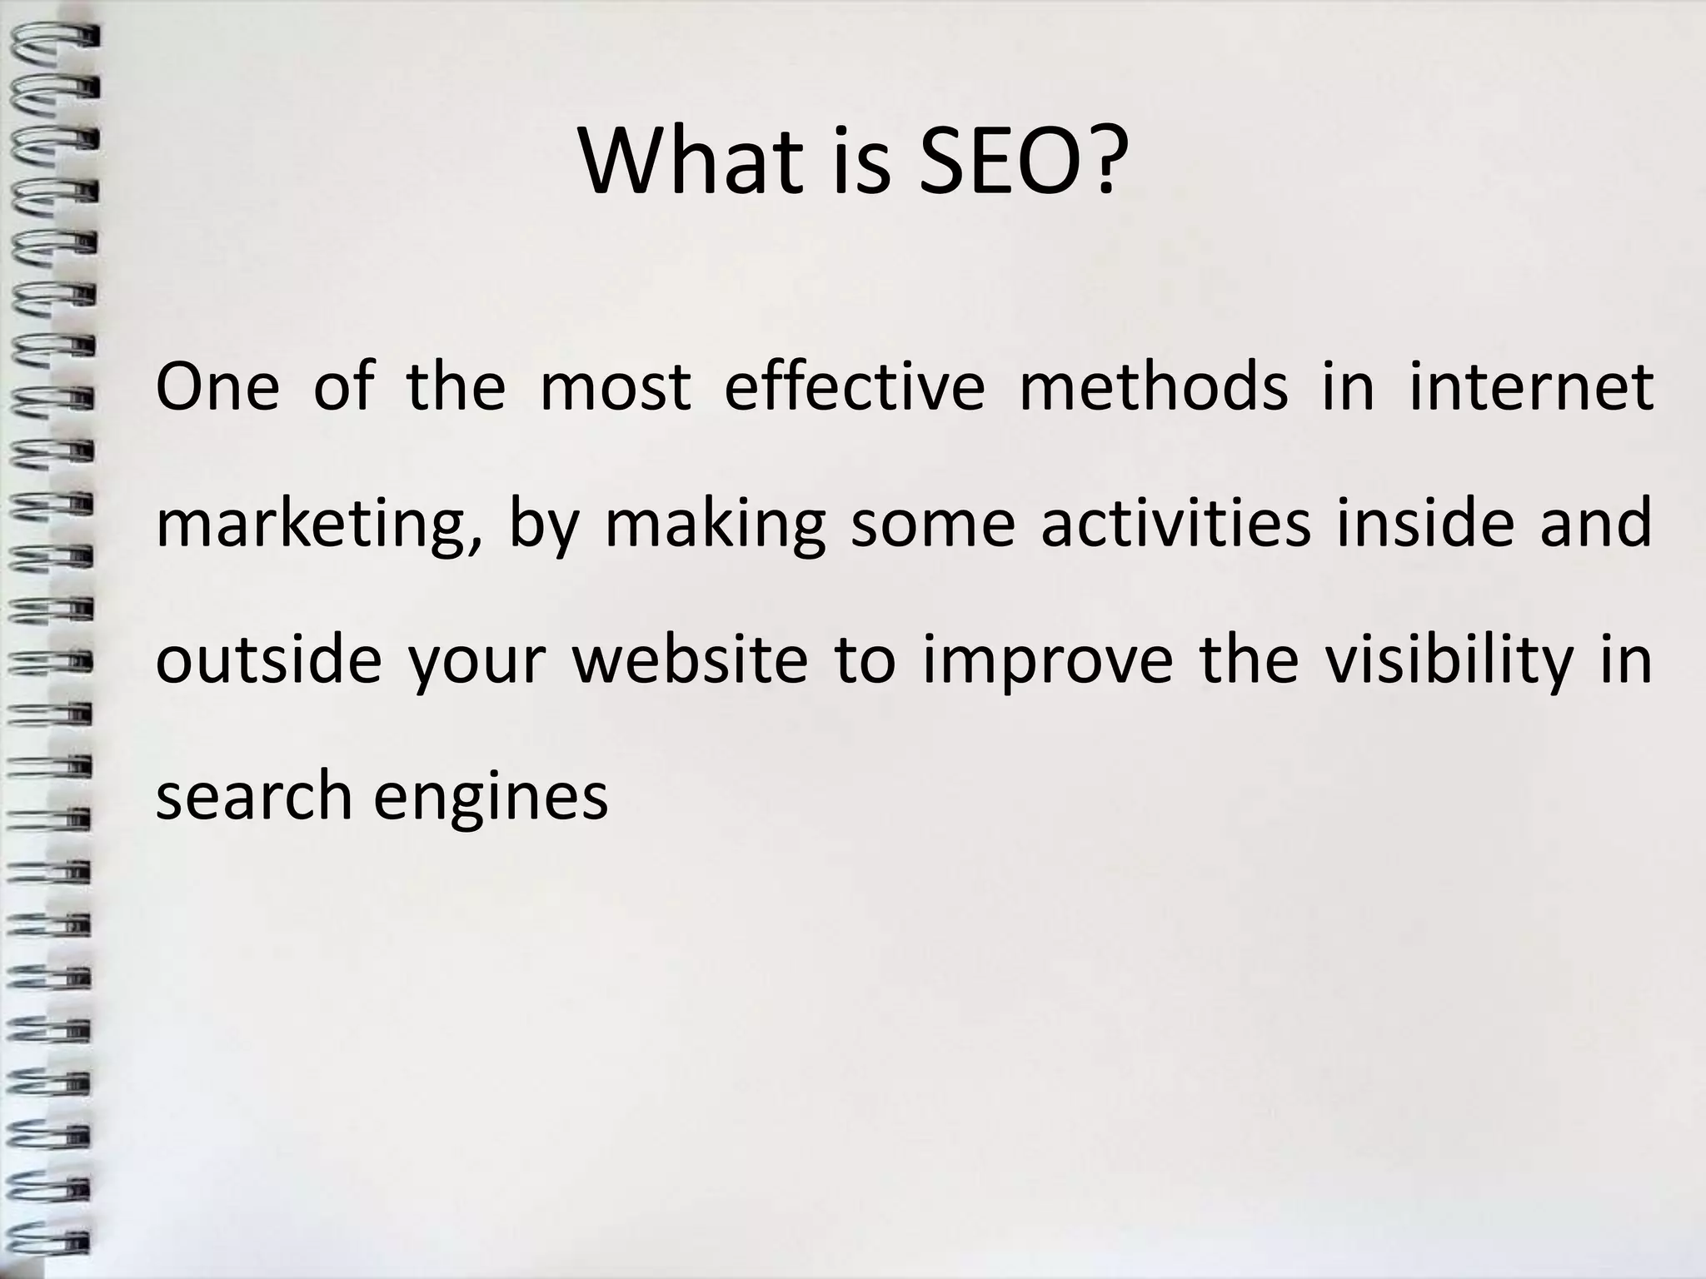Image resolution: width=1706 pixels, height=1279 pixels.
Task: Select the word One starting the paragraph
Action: (x=217, y=387)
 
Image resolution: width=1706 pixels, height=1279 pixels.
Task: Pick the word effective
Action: (x=854, y=387)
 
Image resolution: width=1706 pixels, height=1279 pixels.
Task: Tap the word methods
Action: (x=1153, y=387)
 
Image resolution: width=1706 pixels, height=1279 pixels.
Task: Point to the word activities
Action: (x=1175, y=523)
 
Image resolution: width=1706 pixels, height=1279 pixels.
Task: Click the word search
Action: (x=254, y=795)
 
